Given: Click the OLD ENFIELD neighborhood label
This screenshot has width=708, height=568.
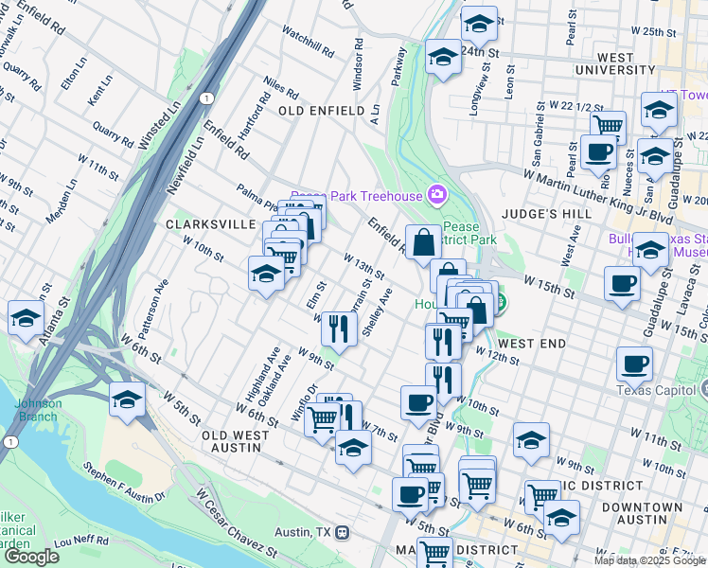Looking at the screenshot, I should coord(321,111).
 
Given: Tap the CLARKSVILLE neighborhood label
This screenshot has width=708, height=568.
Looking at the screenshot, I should coord(210,224).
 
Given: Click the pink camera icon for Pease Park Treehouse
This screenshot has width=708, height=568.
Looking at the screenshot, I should coord(436,195).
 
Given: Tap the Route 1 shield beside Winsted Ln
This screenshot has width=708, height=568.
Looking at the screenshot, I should coord(205,98).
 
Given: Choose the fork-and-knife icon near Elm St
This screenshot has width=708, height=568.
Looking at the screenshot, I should coord(336,329).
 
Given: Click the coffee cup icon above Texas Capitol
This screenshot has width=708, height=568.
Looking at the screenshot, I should coord(634,364).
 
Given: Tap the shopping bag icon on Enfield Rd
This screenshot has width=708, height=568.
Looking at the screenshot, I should coord(423,241).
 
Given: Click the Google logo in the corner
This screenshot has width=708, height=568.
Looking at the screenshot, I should coord(31,556).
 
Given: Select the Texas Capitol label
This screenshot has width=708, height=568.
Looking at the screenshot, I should coord(655,390).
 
